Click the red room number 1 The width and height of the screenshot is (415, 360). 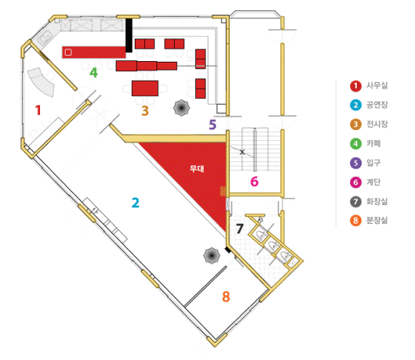39,110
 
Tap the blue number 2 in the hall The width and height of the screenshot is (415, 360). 135,203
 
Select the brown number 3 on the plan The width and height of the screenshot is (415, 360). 145,111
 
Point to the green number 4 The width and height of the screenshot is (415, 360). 93,73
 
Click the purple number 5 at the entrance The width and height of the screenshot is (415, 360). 213,125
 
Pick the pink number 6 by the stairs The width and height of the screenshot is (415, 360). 254,182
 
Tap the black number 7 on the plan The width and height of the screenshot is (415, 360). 240,228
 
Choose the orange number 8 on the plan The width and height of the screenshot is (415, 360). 226,297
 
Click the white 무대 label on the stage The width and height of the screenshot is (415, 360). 197,169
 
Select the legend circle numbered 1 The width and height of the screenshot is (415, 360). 356,86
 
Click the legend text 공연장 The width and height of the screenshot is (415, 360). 377,105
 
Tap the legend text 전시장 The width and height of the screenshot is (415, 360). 377,124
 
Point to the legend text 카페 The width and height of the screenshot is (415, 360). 373,143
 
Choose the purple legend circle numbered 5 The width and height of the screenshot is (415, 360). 356,163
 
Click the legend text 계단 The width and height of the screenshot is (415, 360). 373,182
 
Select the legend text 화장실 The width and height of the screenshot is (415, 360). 377,201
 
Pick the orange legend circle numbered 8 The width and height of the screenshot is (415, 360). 356,220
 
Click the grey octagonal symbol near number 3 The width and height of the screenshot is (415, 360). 181,108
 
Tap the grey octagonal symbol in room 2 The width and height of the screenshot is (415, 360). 211,255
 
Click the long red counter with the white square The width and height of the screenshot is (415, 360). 94,52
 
